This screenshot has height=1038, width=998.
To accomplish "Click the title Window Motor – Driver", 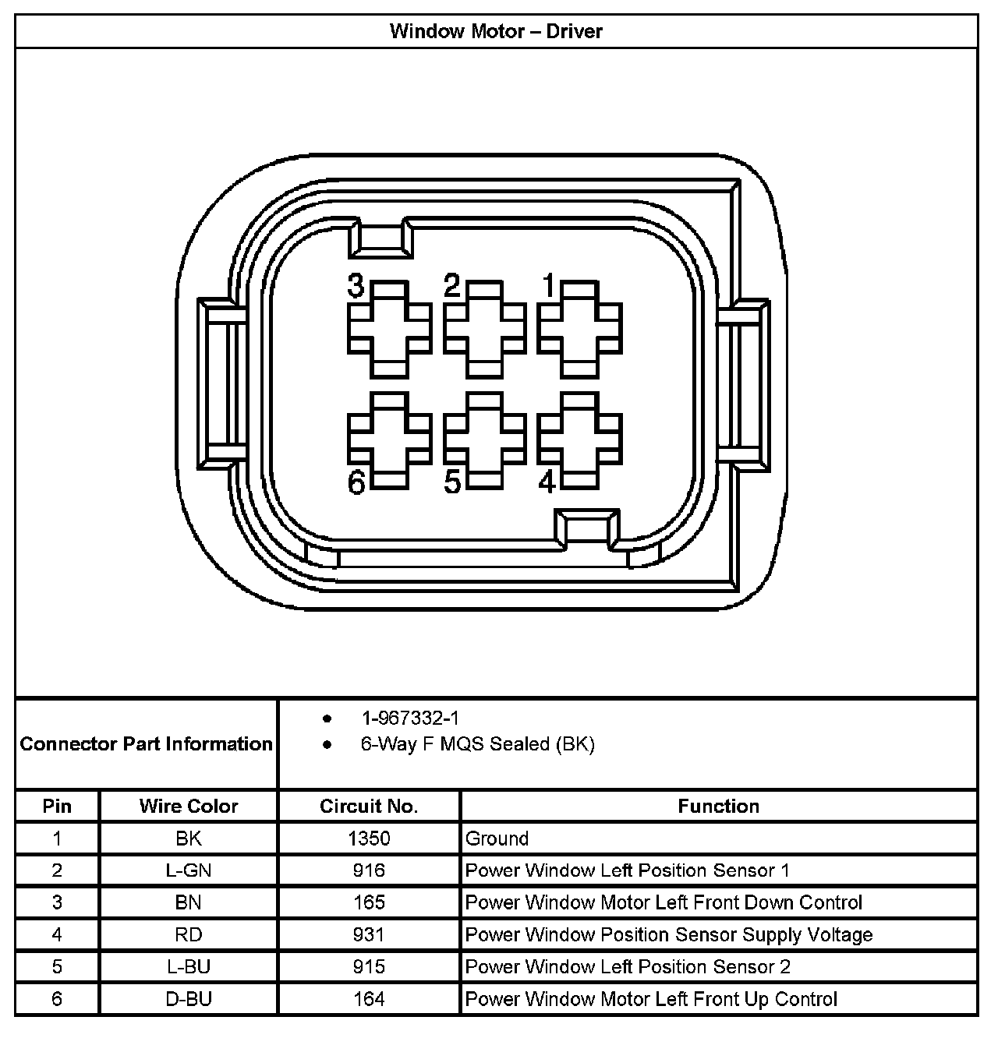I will pyautogui.click(x=496, y=31).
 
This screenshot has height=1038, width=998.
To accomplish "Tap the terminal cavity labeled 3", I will pyautogui.click(x=389, y=330).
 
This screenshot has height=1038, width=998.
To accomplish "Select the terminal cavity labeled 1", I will pyautogui.click(x=579, y=330).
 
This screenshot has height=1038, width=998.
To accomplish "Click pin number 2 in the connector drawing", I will pyautogui.click(x=452, y=286).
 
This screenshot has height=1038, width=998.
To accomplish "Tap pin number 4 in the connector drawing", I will pyautogui.click(x=547, y=482).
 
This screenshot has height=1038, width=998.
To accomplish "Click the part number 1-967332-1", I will pyautogui.click(x=409, y=718).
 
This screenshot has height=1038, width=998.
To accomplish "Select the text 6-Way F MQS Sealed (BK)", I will pyautogui.click(x=477, y=744).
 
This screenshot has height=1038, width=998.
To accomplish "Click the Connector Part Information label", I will pyautogui.click(x=146, y=743).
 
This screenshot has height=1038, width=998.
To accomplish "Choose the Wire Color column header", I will pyautogui.click(x=189, y=806).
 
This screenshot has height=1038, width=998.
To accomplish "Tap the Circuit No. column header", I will pyautogui.click(x=369, y=806).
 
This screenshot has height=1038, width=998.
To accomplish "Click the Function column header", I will pyautogui.click(x=718, y=806).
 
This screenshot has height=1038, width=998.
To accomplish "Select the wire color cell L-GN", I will pyautogui.click(x=189, y=870).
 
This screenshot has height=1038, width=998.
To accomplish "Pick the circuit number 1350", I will pyautogui.click(x=369, y=839).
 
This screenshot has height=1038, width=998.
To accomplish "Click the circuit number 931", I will pyautogui.click(x=369, y=934).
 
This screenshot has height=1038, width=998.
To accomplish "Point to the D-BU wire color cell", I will pyautogui.click(x=189, y=999).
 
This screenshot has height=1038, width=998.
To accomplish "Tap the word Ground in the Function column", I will pyautogui.click(x=497, y=839).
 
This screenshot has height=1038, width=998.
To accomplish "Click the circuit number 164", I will pyautogui.click(x=369, y=999).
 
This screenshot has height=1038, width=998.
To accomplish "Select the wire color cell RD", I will pyautogui.click(x=189, y=934).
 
